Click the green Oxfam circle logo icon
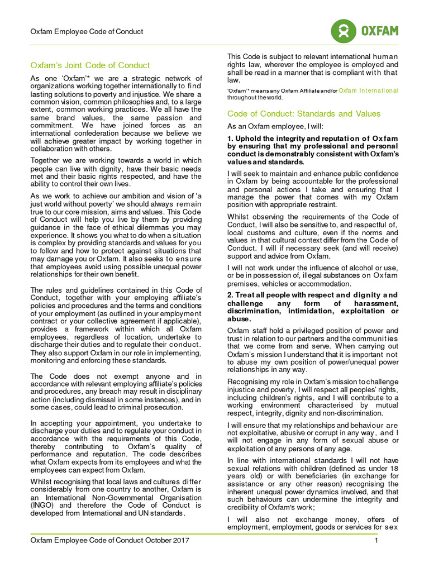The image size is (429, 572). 344,31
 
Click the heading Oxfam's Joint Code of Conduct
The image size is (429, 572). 90,65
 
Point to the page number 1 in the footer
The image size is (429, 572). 376,540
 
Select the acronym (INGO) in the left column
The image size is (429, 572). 44,506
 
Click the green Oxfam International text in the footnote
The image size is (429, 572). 368,90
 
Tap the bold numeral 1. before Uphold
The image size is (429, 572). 230,139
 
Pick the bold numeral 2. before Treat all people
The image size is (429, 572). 230,295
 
